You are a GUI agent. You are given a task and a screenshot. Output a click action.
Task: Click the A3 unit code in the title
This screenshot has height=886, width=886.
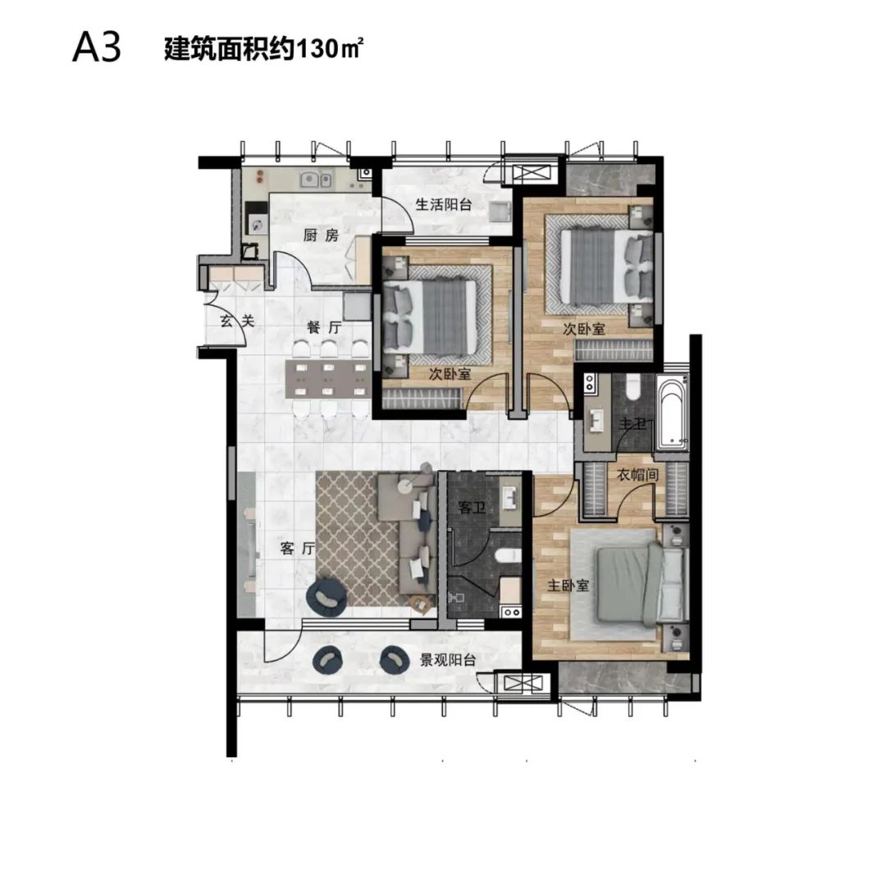click(97, 48)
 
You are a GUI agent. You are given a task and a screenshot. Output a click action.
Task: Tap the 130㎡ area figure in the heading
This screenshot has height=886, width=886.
click(327, 49)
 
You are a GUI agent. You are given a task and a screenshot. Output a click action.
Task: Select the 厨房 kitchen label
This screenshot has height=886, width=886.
click(321, 235)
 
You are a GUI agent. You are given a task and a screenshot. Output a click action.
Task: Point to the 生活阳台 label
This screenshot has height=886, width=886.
click(444, 204)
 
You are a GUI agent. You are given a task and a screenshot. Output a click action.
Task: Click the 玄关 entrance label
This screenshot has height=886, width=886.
click(237, 321)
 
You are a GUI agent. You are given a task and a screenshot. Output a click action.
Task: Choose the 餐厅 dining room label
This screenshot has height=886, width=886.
click(324, 327)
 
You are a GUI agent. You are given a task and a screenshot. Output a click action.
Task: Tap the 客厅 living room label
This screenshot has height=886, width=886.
click(297, 547)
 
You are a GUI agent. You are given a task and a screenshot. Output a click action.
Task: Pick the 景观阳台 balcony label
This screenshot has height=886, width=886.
click(448, 660)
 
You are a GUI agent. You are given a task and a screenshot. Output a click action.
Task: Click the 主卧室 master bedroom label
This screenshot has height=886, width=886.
click(568, 586)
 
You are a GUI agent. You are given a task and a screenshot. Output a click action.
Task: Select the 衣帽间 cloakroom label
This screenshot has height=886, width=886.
click(637, 474)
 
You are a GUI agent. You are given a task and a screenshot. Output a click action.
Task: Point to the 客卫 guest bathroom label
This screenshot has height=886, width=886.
click(473, 508)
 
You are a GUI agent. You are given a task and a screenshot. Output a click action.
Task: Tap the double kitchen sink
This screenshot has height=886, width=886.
click(316, 180)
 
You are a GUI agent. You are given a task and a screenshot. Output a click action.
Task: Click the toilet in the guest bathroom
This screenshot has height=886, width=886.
click(508, 555)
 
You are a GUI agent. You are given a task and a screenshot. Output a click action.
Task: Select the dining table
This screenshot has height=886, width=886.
click(328, 380)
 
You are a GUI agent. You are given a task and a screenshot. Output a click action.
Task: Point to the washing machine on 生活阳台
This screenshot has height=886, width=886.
click(500, 211)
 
